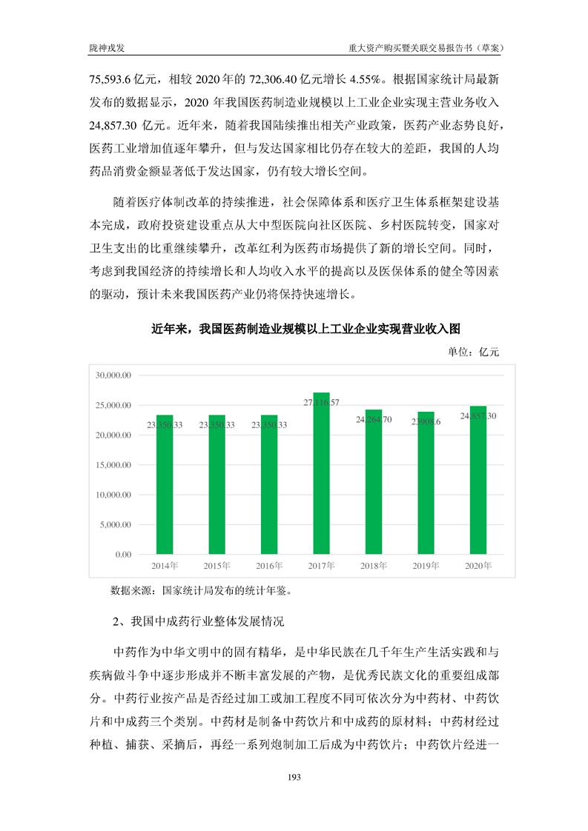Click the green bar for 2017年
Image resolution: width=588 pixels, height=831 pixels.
click(x=321, y=474)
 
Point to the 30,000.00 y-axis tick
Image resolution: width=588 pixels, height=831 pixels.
click(x=113, y=376)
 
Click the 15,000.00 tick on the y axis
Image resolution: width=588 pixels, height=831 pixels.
click(x=113, y=465)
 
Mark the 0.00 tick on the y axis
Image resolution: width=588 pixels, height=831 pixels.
click(x=123, y=555)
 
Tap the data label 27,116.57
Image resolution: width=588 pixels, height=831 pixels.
click(x=321, y=402)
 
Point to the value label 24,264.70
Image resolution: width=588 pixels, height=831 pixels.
click(x=374, y=419)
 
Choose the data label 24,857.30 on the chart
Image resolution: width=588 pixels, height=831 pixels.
click(x=478, y=416)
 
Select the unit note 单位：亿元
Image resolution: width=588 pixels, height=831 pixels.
click(x=474, y=352)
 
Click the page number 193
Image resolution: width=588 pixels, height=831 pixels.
click(x=294, y=777)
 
